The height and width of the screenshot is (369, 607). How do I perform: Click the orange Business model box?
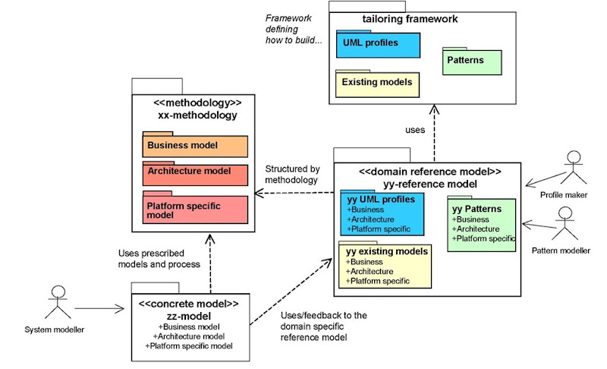tap(195, 146)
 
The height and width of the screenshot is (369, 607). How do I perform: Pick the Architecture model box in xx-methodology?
tap(195, 173)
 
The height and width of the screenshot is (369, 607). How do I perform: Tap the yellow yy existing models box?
tap(384, 266)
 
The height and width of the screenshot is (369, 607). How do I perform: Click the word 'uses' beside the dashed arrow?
tap(415, 130)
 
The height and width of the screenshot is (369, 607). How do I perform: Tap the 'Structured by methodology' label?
tap(292, 175)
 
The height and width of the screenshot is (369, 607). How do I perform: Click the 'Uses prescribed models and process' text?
tap(159, 258)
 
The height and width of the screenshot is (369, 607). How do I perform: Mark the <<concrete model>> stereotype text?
tap(188, 304)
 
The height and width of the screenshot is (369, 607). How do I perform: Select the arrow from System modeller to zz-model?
tap(99, 308)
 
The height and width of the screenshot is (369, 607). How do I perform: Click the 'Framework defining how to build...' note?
tap(293, 29)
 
